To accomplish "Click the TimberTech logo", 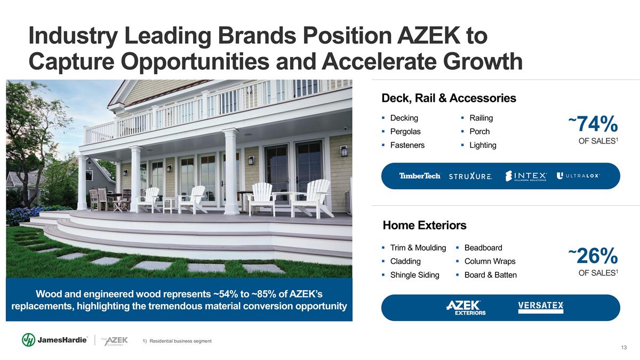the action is (x=420, y=175).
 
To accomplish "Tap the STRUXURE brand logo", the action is (x=470, y=176).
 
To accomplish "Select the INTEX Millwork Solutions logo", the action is (x=526, y=176).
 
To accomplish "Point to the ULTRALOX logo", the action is (x=578, y=175).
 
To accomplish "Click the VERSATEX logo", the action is (x=541, y=307).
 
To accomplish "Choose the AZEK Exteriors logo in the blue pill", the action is (x=466, y=308).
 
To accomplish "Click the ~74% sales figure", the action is (x=593, y=124).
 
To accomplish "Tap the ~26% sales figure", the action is (x=593, y=255).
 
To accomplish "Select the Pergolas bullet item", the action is (x=405, y=131).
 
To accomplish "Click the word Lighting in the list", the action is (x=483, y=145).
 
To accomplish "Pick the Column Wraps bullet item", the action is (x=490, y=261).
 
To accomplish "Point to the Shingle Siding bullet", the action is (x=414, y=275).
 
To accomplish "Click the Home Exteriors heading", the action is (x=425, y=225).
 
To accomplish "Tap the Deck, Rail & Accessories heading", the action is (x=449, y=98).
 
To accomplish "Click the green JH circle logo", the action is (x=29, y=340).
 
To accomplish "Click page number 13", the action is (x=623, y=347).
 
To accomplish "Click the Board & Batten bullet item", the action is (x=491, y=275).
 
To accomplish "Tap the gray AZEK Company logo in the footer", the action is (x=115, y=341).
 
